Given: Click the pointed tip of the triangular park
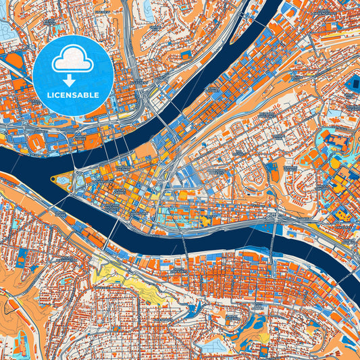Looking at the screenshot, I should click(52, 180).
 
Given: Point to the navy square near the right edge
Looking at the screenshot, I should click(353, 83).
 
